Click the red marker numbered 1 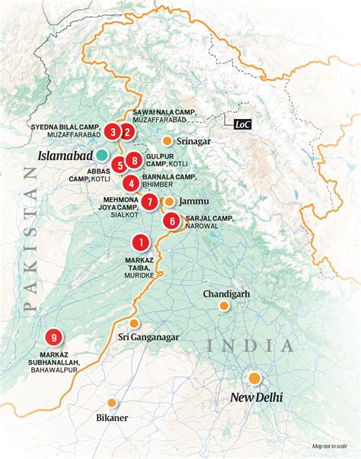click(140, 242)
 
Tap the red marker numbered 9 click(53, 337)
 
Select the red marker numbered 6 click(172, 221)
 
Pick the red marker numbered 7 click(150, 201)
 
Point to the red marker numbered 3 click(113, 132)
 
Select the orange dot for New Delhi click(254, 378)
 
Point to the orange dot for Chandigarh click(224, 306)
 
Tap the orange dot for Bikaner click(113, 403)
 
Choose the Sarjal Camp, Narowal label click(208, 222)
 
